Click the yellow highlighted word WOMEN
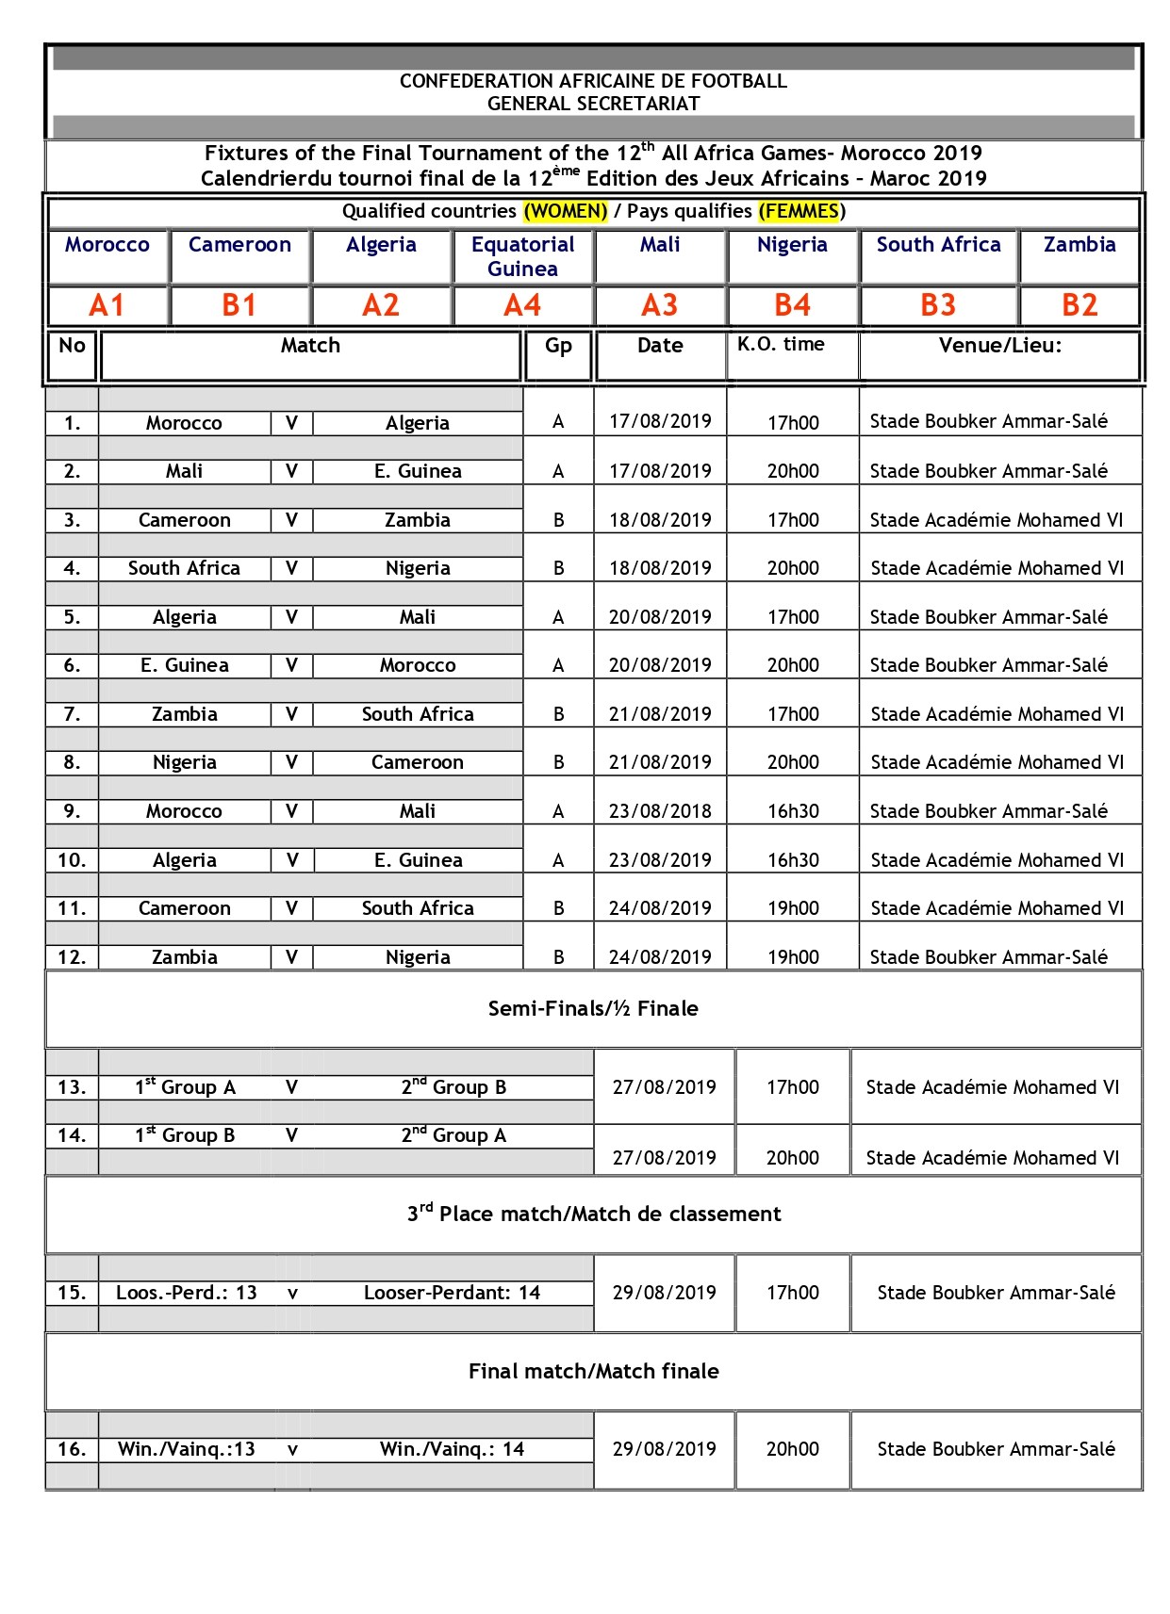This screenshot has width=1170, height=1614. (x=566, y=211)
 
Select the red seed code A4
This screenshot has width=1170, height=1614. (x=522, y=305)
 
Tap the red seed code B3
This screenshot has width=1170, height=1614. (x=938, y=305)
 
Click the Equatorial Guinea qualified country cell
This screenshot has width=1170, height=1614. (x=522, y=256)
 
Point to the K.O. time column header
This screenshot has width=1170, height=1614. (x=781, y=345)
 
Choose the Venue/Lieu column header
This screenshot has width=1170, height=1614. (x=999, y=346)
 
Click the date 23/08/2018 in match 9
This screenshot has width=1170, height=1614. (x=660, y=811)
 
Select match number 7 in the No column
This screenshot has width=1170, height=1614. (x=72, y=714)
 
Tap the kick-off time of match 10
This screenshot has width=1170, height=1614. (x=793, y=860)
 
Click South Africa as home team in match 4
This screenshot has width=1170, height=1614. (x=184, y=568)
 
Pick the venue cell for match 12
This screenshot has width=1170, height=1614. (x=988, y=957)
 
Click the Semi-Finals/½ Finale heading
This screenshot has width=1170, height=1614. (x=593, y=1009)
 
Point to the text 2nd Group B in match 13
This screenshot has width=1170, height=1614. (x=453, y=1087)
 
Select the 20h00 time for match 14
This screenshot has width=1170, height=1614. (x=792, y=1158)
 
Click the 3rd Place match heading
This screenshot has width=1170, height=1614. (x=594, y=1214)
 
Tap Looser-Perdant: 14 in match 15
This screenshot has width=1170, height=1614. (x=452, y=1293)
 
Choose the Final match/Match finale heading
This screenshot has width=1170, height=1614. (x=593, y=1372)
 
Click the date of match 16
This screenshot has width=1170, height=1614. (x=664, y=1449)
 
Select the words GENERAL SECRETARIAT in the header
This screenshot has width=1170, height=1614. (x=593, y=104)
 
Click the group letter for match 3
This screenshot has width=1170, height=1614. (x=558, y=520)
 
